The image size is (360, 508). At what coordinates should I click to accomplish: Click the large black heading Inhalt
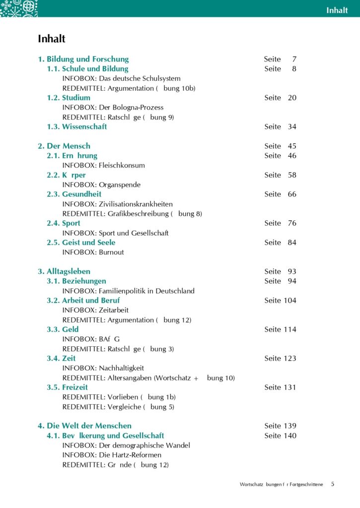tap(52, 39)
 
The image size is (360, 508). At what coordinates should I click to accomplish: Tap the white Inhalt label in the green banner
tap(337, 10)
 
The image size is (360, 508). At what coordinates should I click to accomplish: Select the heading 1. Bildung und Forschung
tap(83, 59)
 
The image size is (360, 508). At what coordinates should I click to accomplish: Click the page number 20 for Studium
tap(292, 98)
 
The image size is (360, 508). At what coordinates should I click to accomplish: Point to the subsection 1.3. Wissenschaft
tap(77, 127)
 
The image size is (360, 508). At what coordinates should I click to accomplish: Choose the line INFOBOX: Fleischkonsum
tap(103, 165)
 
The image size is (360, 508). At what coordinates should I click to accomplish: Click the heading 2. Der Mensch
tap(64, 146)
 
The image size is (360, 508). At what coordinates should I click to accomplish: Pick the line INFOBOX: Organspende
tap(101, 185)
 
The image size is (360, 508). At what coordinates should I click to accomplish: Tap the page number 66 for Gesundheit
tap(292, 194)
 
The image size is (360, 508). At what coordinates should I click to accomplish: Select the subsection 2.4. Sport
tap(64, 223)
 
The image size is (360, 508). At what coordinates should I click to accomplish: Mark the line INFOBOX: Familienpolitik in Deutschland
tap(128, 291)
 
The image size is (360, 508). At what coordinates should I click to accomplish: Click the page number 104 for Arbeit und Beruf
tap(290, 300)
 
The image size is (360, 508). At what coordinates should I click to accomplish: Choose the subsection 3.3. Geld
tap(63, 329)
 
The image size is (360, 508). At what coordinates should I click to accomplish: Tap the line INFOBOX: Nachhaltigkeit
tap(103, 368)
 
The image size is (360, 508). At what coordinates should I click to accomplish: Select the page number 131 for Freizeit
tap(290, 387)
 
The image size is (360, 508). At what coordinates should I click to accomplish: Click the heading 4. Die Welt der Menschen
tap(85, 426)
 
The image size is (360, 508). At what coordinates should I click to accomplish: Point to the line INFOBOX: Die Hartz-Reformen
tap(112, 455)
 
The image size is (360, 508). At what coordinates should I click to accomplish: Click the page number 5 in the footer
tap(333, 484)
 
